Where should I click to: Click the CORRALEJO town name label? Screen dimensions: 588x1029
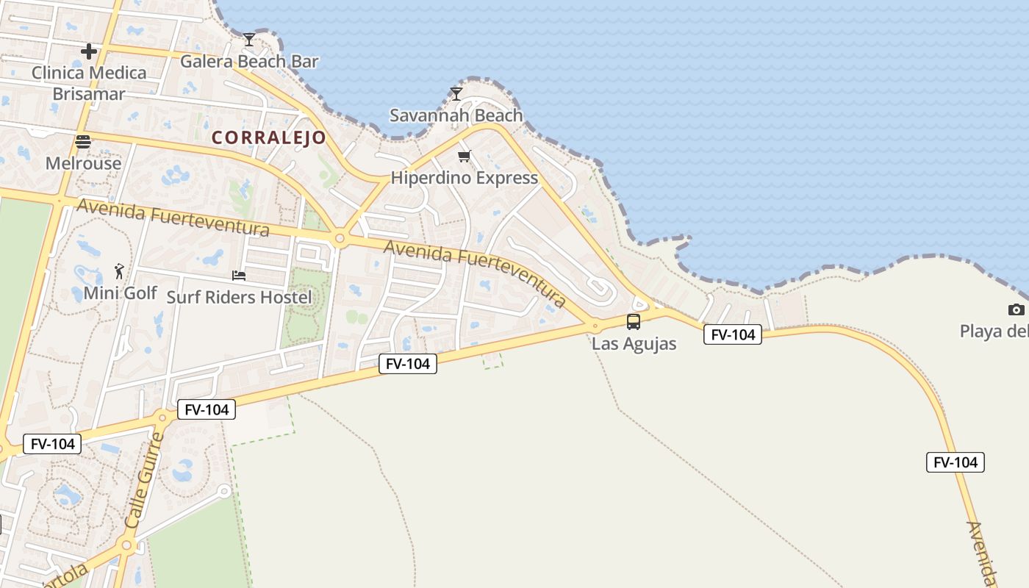268,137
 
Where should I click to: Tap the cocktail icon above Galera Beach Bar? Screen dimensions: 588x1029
249,39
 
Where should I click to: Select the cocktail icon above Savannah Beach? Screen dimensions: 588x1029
456,93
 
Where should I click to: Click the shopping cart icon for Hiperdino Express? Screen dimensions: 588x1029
464,156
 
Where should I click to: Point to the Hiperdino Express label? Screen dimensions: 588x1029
464,178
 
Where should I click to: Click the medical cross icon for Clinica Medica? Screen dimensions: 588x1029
89,51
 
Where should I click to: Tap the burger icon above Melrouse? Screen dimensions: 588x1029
83,142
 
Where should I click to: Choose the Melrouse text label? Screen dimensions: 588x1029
83,163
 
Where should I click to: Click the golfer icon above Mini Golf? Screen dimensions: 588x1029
119,271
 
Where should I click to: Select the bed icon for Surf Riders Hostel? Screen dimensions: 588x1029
239,276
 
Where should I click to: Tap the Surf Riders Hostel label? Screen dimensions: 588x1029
239,297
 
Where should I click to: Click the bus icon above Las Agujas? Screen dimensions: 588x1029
633,321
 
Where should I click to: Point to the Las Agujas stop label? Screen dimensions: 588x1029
634,343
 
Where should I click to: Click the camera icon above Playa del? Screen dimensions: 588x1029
1017,309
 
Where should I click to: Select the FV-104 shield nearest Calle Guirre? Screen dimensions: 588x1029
207,409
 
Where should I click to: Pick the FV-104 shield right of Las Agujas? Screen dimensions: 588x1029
732,334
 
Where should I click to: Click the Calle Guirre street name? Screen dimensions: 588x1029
143,480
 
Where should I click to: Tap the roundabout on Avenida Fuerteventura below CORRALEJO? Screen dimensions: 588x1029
340,238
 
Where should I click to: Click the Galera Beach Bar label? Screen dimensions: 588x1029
249,61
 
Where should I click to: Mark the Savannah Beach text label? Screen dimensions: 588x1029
456,115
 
